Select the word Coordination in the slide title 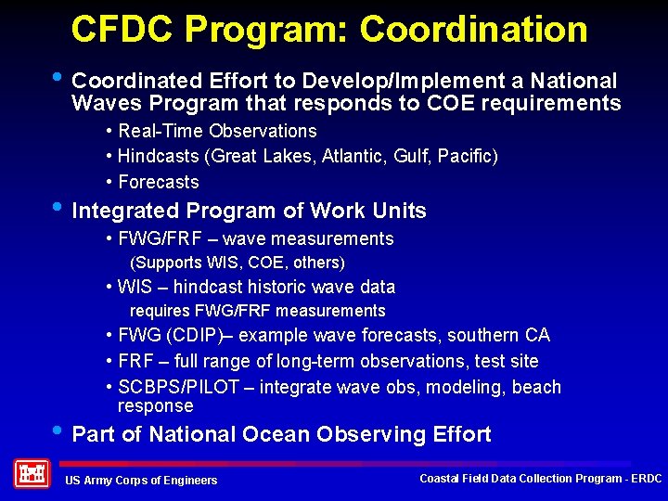(x=473, y=30)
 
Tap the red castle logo (x=31, y=474)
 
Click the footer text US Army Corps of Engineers (x=141, y=480)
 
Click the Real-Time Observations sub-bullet (x=217, y=131)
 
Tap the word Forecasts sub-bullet (x=158, y=182)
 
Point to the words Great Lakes (x=263, y=157)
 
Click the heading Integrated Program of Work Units (x=249, y=211)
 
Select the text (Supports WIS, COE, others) (x=237, y=263)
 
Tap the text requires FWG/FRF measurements (x=257, y=311)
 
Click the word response (x=155, y=406)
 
